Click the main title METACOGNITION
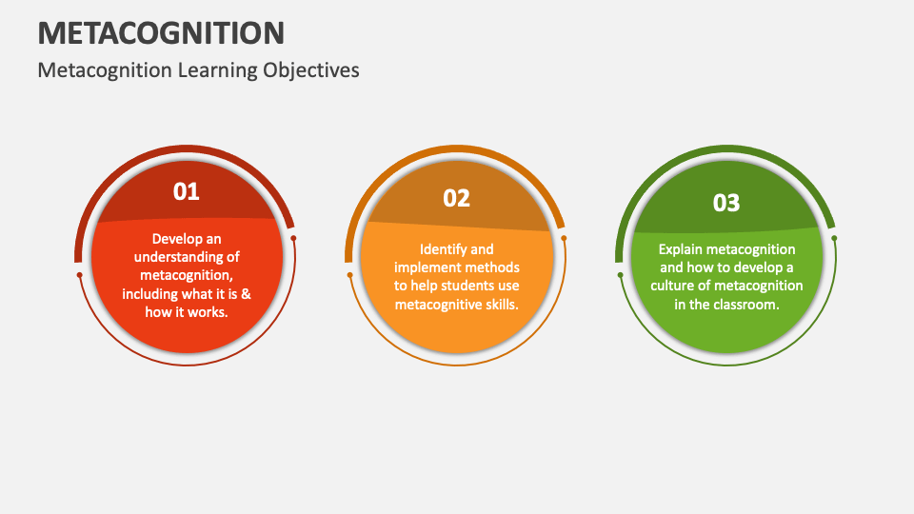click(x=161, y=32)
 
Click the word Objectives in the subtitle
click(x=310, y=70)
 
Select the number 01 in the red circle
click(x=187, y=191)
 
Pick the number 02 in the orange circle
click(x=456, y=198)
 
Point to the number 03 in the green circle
click(x=726, y=203)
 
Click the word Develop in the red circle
click(x=171, y=239)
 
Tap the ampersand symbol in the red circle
click(x=246, y=294)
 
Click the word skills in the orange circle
click(x=502, y=305)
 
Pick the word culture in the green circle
click(x=671, y=286)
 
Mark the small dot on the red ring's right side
click(x=293, y=238)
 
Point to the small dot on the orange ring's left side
click(x=349, y=275)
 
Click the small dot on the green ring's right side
click(x=834, y=238)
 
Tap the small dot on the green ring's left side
click(x=620, y=275)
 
